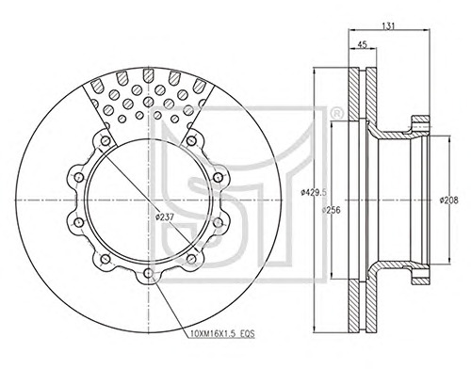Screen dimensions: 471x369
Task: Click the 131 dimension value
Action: pos(388,26)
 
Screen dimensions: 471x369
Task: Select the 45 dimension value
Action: pos(363,44)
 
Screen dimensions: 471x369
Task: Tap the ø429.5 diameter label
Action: pos(314,192)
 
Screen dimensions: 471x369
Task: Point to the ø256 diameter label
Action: pos(332,210)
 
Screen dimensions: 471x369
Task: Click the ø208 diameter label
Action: pos(449,201)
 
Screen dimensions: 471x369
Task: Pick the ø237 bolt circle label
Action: pos(165,217)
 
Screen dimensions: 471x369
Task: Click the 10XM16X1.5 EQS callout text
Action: pos(222,334)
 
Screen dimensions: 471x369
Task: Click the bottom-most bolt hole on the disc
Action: pos(148,274)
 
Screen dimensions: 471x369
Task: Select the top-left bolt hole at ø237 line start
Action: pos(106,141)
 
